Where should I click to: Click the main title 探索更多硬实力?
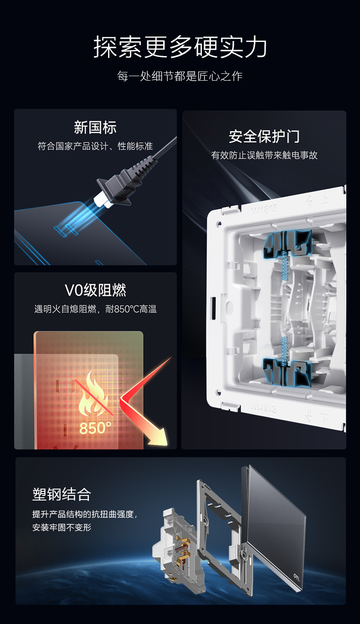point(180,47)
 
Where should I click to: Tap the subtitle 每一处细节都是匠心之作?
point(180,76)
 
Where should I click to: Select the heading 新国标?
point(95,128)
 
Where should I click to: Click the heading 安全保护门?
point(264,136)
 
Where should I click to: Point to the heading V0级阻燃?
point(95,290)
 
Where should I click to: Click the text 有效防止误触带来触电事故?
point(264,155)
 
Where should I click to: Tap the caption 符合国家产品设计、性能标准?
point(95,146)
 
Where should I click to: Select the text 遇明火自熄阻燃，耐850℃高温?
point(95,309)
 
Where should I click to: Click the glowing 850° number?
point(95,428)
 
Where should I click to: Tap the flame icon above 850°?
point(95,396)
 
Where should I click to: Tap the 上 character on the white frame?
point(325,199)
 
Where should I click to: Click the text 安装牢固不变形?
point(62,527)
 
